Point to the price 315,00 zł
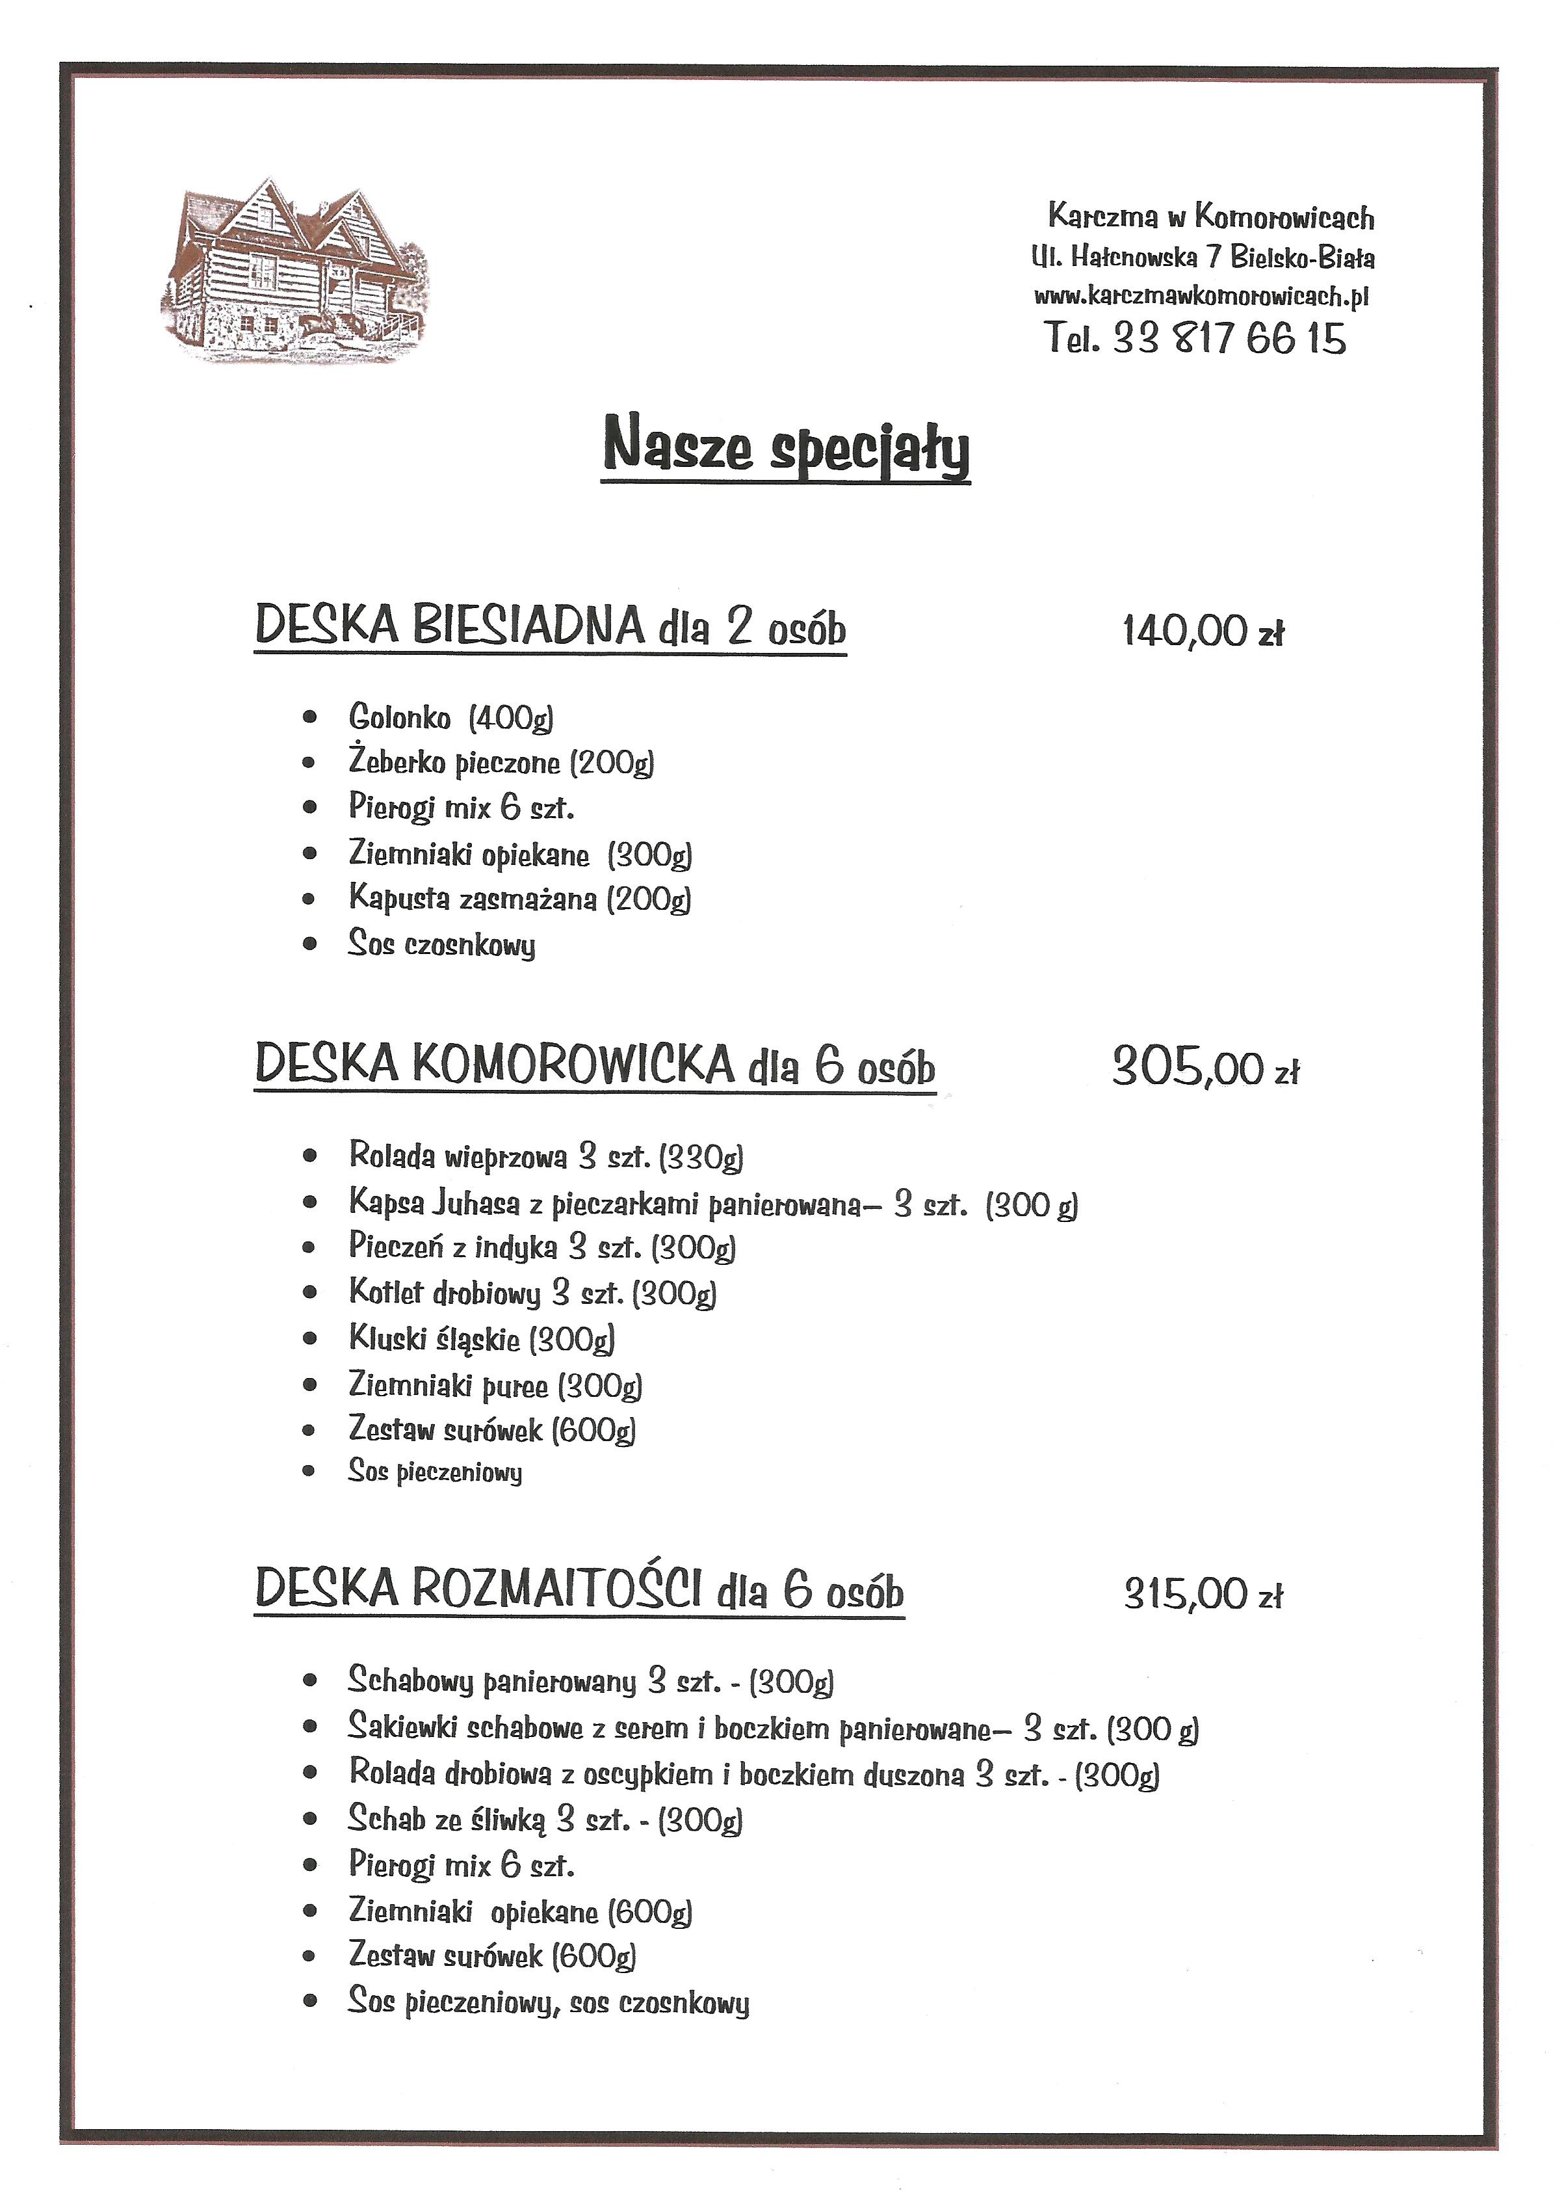(1203, 1594)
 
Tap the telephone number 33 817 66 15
(1229, 339)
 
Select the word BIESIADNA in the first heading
(528, 625)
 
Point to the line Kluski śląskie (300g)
(482, 1339)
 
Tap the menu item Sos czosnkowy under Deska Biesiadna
(441, 944)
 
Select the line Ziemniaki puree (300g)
(495, 1385)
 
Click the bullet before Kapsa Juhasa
(309, 1203)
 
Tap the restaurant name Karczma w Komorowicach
(1210, 217)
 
